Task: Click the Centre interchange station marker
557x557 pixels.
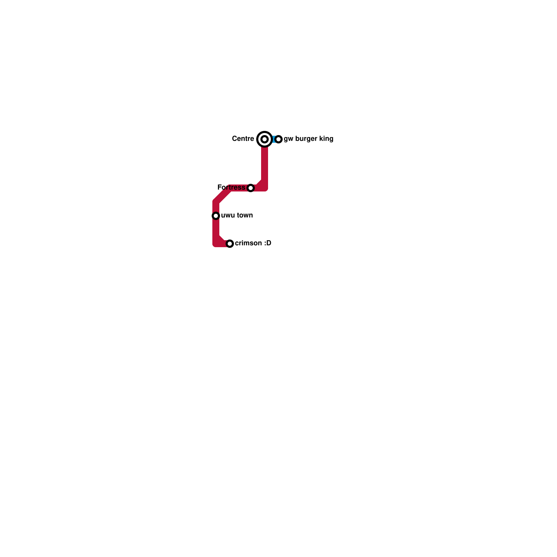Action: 265,139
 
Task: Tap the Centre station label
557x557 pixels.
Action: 243,139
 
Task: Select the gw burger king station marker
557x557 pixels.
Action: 278,139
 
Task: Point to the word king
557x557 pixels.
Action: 326,139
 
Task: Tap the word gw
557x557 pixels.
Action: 288,139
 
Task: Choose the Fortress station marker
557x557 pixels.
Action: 251,188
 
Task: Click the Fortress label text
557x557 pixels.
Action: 231,187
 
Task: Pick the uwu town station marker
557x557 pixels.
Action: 216,216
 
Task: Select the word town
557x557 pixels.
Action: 244,215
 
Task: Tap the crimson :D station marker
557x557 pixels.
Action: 230,244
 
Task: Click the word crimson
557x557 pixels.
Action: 248,243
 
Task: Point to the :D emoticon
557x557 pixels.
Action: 267,243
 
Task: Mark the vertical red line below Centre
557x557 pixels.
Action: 265,164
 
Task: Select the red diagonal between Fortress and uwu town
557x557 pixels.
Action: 222,195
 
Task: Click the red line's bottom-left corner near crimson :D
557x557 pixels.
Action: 216,244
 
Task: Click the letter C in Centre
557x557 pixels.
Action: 234,139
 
